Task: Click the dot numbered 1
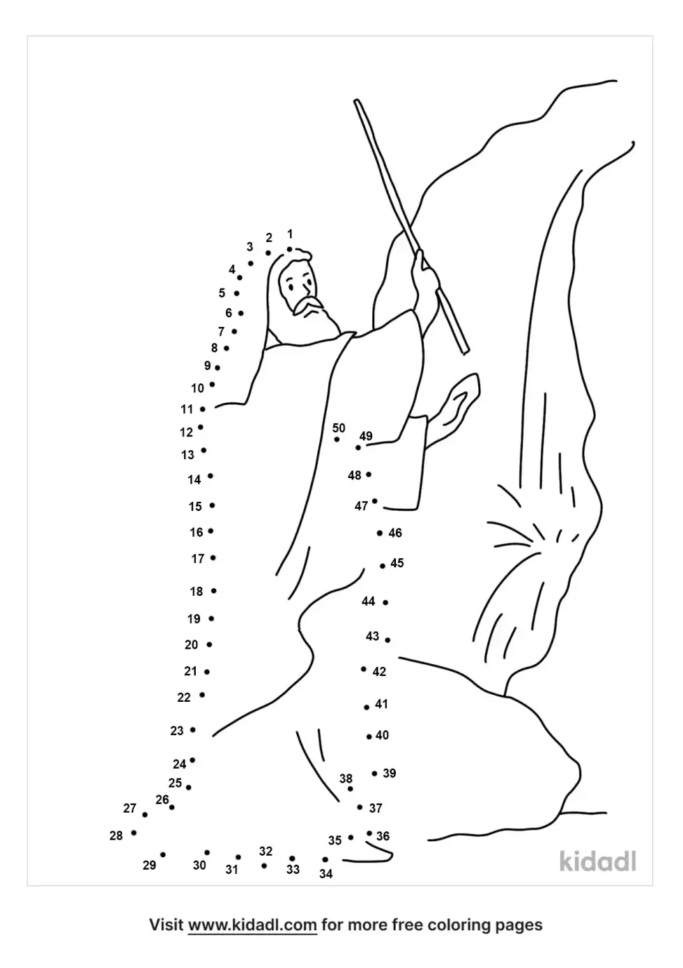[289, 249]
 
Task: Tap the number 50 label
[339, 428]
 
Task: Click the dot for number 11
[202, 409]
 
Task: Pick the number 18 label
[197, 591]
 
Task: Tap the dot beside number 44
[385, 602]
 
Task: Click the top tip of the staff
[356, 102]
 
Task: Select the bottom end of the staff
[466, 351]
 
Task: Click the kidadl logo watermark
[598, 861]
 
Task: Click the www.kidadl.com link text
[252, 925]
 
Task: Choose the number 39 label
[390, 773]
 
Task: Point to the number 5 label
[222, 293]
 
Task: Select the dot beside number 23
[193, 730]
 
